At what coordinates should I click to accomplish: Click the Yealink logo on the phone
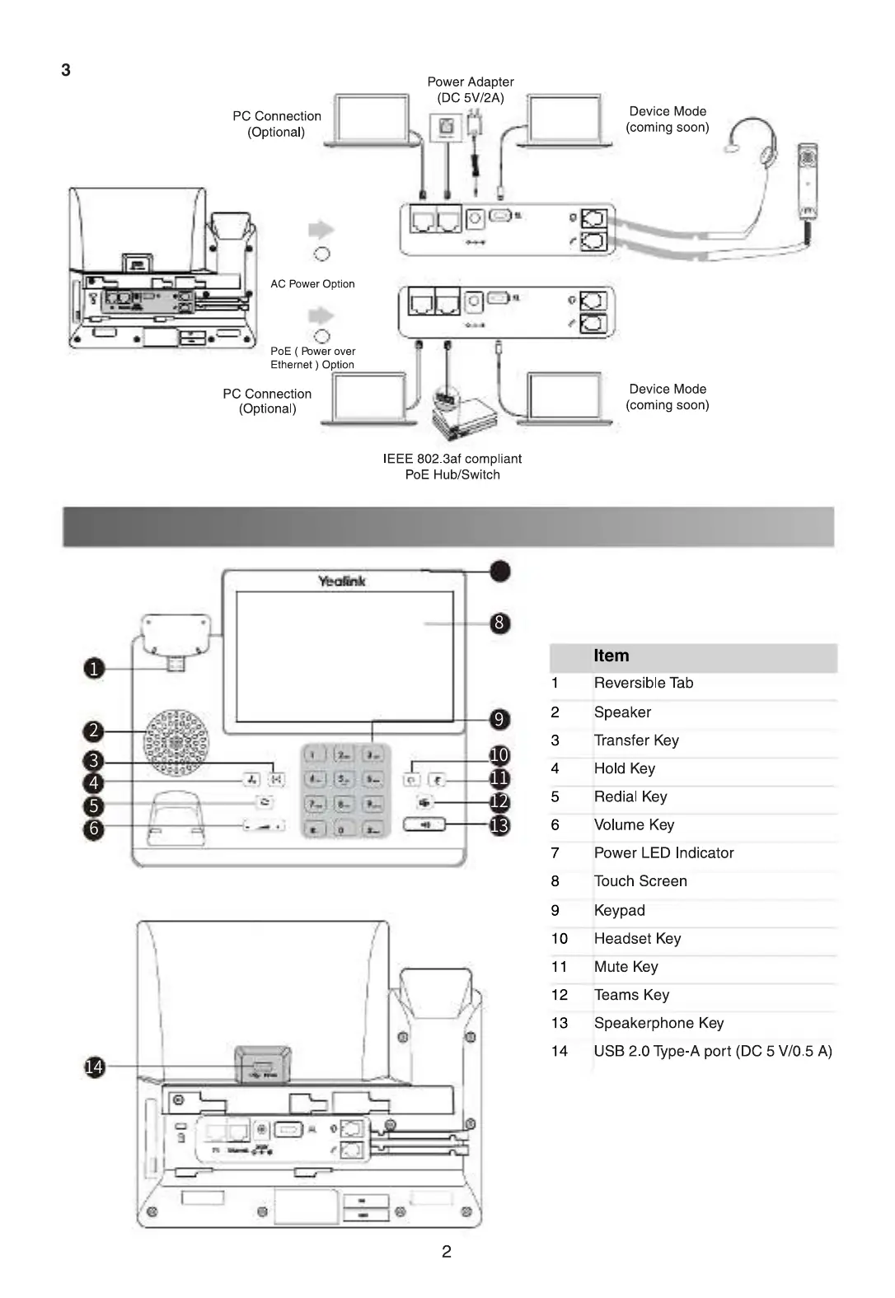pyautogui.click(x=342, y=581)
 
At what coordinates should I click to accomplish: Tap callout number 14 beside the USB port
pyautogui.click(x=95, y=1067)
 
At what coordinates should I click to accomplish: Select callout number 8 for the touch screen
pyautogui.click(x=499, y=623)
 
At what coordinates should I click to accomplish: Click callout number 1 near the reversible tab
pyautogui.click(x=94, y=668)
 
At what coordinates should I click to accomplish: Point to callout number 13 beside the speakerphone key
pyautogui.click(x=499, y=825)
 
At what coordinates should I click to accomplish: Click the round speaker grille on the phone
pyautogui.click(x=176, y=742)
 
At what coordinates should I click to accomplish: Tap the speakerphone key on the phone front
pyautogui.click(x=424, y=824)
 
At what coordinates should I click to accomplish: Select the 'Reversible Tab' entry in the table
pyautogui.click(x=643, y=683)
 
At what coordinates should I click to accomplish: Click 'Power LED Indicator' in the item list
pyautogui.click(x=663, y=852)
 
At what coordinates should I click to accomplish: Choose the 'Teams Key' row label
pyautogui.click(x=631, y=995)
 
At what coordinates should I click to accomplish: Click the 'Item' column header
pyautogui.click(x=611, y=656)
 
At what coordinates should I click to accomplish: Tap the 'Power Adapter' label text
pyautogui.click(x=470, y=82)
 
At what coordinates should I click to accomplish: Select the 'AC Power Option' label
pyautogui.click(x=312, y=284)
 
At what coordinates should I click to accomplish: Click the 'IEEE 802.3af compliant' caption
pyautogui.click(x=452, y=459)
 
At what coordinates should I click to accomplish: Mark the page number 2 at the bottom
pyautogui.click(x=447, y=1252)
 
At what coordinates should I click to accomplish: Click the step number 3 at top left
pyautogui.click(x=66, y=70)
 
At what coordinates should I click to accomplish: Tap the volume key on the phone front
pyautogui.click(x=265, y=825)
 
